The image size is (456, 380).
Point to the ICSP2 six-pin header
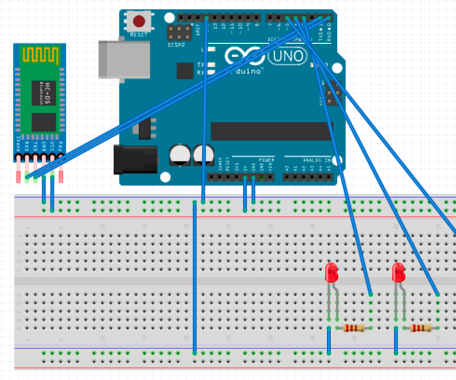point(179,33)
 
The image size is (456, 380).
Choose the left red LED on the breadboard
point(331,272)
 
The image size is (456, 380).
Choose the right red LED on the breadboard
point(398,272)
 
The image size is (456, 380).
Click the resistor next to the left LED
point(354,328)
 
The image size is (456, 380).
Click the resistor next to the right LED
point(420,328)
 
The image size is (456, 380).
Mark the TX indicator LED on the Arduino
point(211,65)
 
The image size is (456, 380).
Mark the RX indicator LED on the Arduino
point(211,72)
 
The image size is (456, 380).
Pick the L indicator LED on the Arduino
point(211,49)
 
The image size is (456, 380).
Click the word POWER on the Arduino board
point(266,160)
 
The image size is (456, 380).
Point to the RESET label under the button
point(139,35)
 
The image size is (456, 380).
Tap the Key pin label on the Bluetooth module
point(61,145)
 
